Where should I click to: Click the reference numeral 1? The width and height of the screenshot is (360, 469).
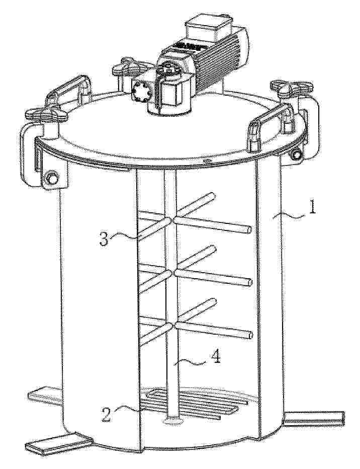click(312, 207)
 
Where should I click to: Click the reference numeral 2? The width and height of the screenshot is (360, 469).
click(107, 414)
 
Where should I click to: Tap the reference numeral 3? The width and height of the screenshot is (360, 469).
click(104, 240)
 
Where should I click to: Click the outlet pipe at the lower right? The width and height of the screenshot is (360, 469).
click(314, 418)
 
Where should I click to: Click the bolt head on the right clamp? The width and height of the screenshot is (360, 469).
click(297, 154)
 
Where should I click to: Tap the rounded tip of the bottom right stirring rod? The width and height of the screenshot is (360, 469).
click(249, 335)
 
